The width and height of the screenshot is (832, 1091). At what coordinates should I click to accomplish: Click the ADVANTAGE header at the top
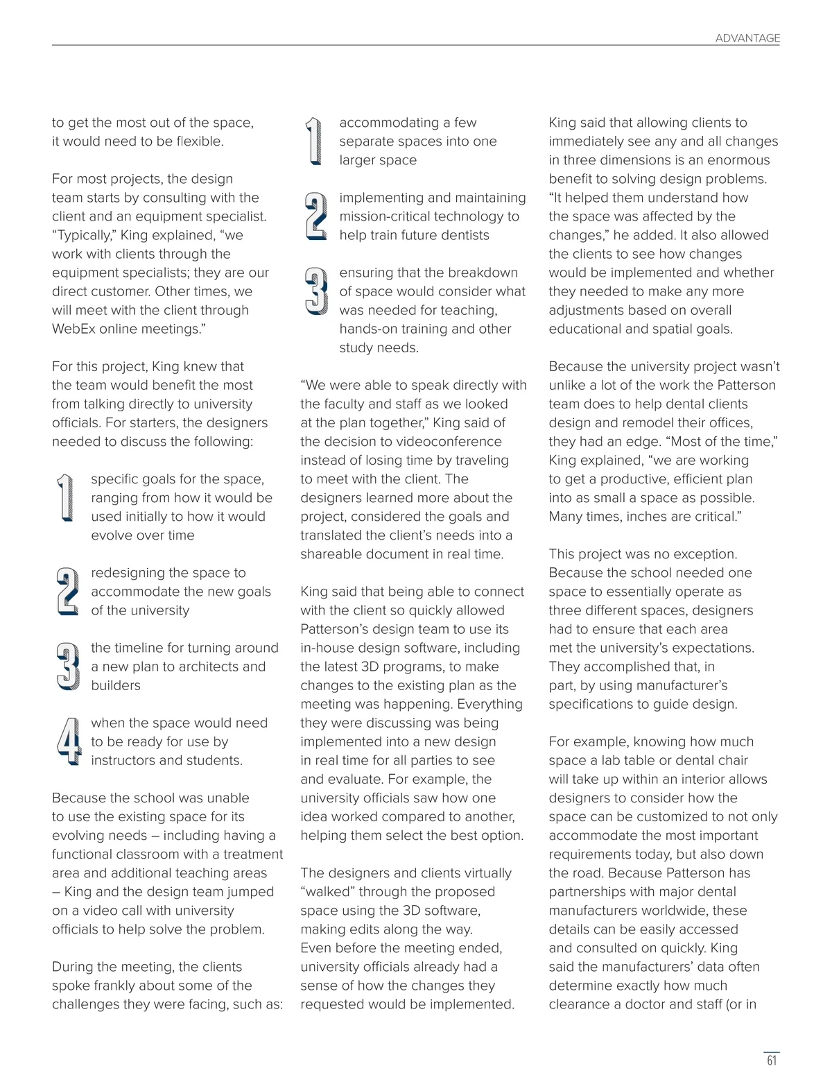coord(747,38)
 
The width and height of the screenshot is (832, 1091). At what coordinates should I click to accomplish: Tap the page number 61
coord(772,1060)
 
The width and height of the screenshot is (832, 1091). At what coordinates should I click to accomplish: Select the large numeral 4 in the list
coord(69,741)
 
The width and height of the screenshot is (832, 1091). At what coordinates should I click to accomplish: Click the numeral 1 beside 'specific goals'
coord(65,497)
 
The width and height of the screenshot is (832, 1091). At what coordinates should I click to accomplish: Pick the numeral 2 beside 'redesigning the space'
coord(67,591)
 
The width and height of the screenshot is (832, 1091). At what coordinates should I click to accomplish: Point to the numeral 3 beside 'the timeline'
coord(67,666)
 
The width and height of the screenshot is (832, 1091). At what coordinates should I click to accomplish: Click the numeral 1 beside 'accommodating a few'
coord(314,141)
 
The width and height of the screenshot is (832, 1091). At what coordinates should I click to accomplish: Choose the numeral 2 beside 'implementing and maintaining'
coord(315,216)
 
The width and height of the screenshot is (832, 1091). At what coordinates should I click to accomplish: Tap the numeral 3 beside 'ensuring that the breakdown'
coord(315,291)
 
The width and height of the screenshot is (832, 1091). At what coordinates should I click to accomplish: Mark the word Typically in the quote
coord(85,235)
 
